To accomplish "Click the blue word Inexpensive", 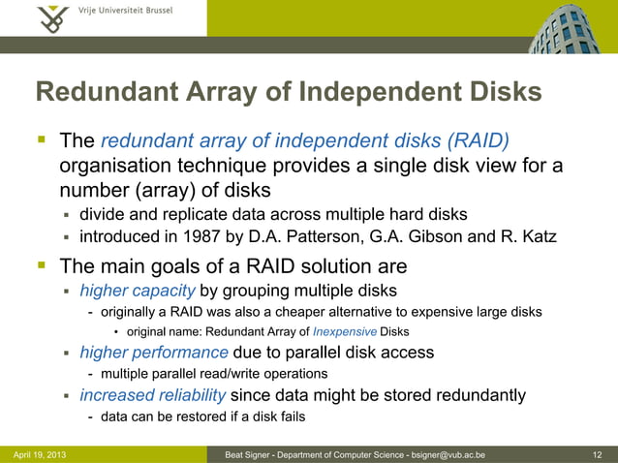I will point(344,332).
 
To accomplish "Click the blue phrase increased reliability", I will point(152,395).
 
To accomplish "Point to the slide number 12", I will point(597,454).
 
